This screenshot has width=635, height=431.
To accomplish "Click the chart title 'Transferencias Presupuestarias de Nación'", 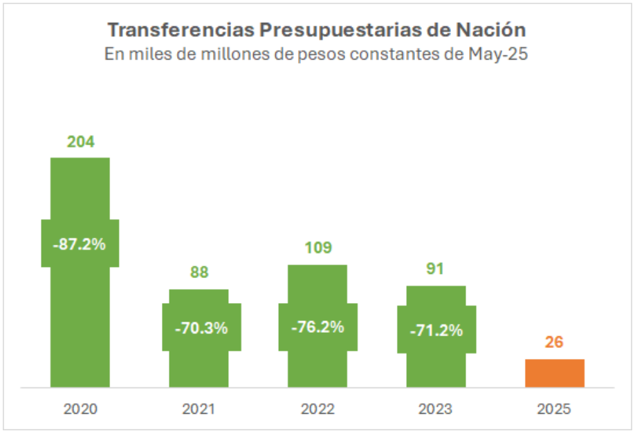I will click(x=316, y=30).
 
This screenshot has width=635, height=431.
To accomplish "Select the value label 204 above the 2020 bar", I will click(x=80, y=143).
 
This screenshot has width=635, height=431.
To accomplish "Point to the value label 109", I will click(x=317, y=248).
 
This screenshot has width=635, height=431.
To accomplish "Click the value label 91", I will click(x=435, y=268).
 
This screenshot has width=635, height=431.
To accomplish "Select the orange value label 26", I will click(x=554, y=342).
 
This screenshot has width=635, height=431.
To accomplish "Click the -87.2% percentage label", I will click(x=80, y=244).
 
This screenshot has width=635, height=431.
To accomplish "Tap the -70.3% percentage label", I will click(x=201, y=328).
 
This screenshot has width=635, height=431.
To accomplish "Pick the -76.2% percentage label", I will click(x=317, y=327).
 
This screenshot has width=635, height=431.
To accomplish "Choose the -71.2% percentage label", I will click(x=436, y=330).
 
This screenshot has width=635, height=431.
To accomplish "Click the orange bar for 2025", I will click(x=555, y=373).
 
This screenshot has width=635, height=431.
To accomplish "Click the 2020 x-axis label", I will click(x=80, y=409).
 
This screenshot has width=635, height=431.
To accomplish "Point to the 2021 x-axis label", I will click(x=199, y=409).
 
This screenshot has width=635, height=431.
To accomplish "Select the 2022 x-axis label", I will click(x=317, y=409).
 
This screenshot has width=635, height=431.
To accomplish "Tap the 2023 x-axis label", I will click(x=436, y=409).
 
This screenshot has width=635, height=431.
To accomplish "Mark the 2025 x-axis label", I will click(x=554, y=409).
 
